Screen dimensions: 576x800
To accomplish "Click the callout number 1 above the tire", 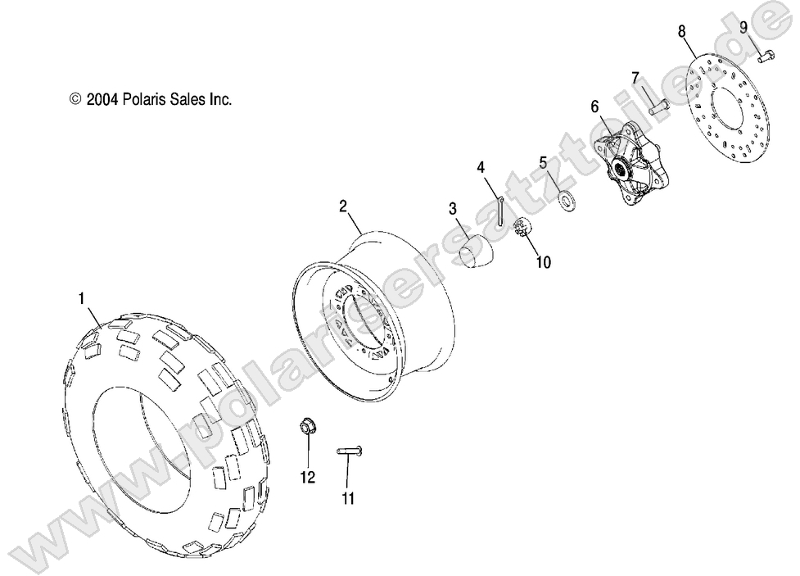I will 81,300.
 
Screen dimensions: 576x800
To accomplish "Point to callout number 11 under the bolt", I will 348,499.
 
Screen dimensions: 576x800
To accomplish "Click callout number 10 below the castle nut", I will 543,262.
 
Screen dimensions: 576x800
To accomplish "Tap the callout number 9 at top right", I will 744,27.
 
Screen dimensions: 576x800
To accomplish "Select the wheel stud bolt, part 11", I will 350,451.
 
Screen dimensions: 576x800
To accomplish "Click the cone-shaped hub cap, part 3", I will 476,249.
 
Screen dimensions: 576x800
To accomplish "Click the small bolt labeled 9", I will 767,57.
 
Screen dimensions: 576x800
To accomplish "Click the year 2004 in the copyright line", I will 102,99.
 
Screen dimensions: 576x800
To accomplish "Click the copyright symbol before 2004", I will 76,99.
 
